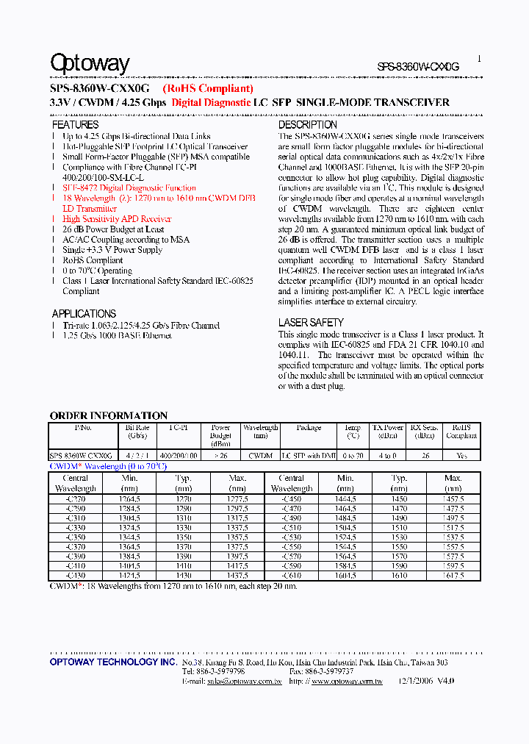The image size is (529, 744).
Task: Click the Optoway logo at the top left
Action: pos(90,64)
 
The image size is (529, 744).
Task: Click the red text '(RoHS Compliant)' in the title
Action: pos(208,88)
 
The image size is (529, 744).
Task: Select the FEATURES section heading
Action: pos(75,125)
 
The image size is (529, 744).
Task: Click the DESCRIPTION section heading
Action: pos(307,125)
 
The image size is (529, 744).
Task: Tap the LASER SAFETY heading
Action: pos(311,322)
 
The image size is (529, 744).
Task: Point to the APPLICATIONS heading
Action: pos(84,313)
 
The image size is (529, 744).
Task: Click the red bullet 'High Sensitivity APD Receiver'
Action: pos(117,219)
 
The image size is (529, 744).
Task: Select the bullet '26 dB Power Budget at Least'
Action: pos(113,229)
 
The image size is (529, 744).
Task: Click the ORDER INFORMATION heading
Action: pos(108,415)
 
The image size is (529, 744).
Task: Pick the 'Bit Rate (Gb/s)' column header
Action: pos(137,432)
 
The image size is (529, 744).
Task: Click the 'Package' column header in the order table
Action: pos(309,427)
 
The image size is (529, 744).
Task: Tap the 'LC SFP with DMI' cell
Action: pos(309,456)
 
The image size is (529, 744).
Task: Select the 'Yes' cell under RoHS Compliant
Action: pos(461,456)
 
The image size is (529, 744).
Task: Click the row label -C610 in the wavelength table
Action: pos(292,575)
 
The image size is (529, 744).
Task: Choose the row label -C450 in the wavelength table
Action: pos(292,498)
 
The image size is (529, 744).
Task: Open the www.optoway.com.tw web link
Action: pos(346,682)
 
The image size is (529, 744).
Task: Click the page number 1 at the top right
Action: pos(479,59)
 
